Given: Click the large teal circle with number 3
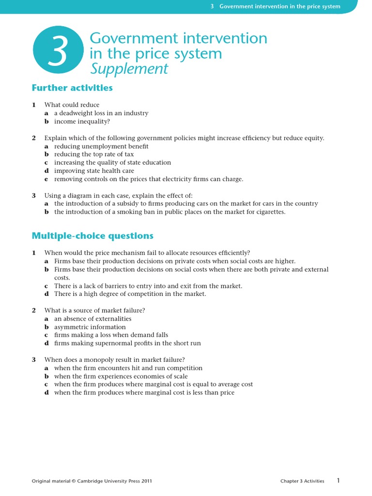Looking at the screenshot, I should (58, 53).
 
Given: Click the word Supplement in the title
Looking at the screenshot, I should (129, 69).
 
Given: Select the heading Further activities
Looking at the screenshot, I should (72, 88).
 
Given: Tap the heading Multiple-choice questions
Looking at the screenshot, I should (93, 236).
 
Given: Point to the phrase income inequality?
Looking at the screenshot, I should (82, 121).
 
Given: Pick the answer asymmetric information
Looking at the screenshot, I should (90, 327).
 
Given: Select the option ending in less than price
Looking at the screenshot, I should (144, 392).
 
